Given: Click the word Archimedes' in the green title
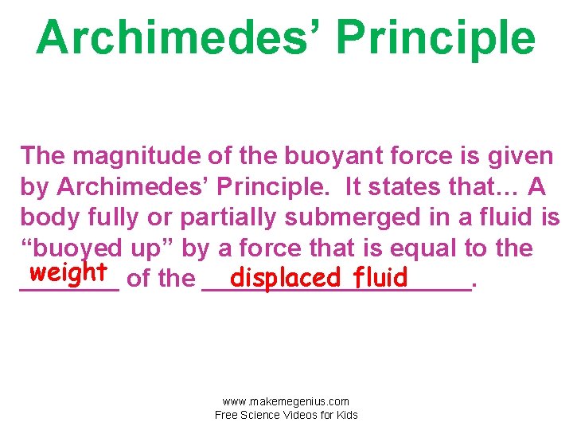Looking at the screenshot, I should [178, 37].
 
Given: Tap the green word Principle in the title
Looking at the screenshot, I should [435, 37].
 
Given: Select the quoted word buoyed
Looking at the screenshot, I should [80, 248].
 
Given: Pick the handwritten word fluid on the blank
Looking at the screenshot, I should [381, 278].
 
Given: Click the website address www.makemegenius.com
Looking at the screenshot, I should [286, 401].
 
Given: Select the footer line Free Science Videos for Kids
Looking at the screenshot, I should [286, 415].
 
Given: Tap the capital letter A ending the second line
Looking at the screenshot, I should [536, 186].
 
